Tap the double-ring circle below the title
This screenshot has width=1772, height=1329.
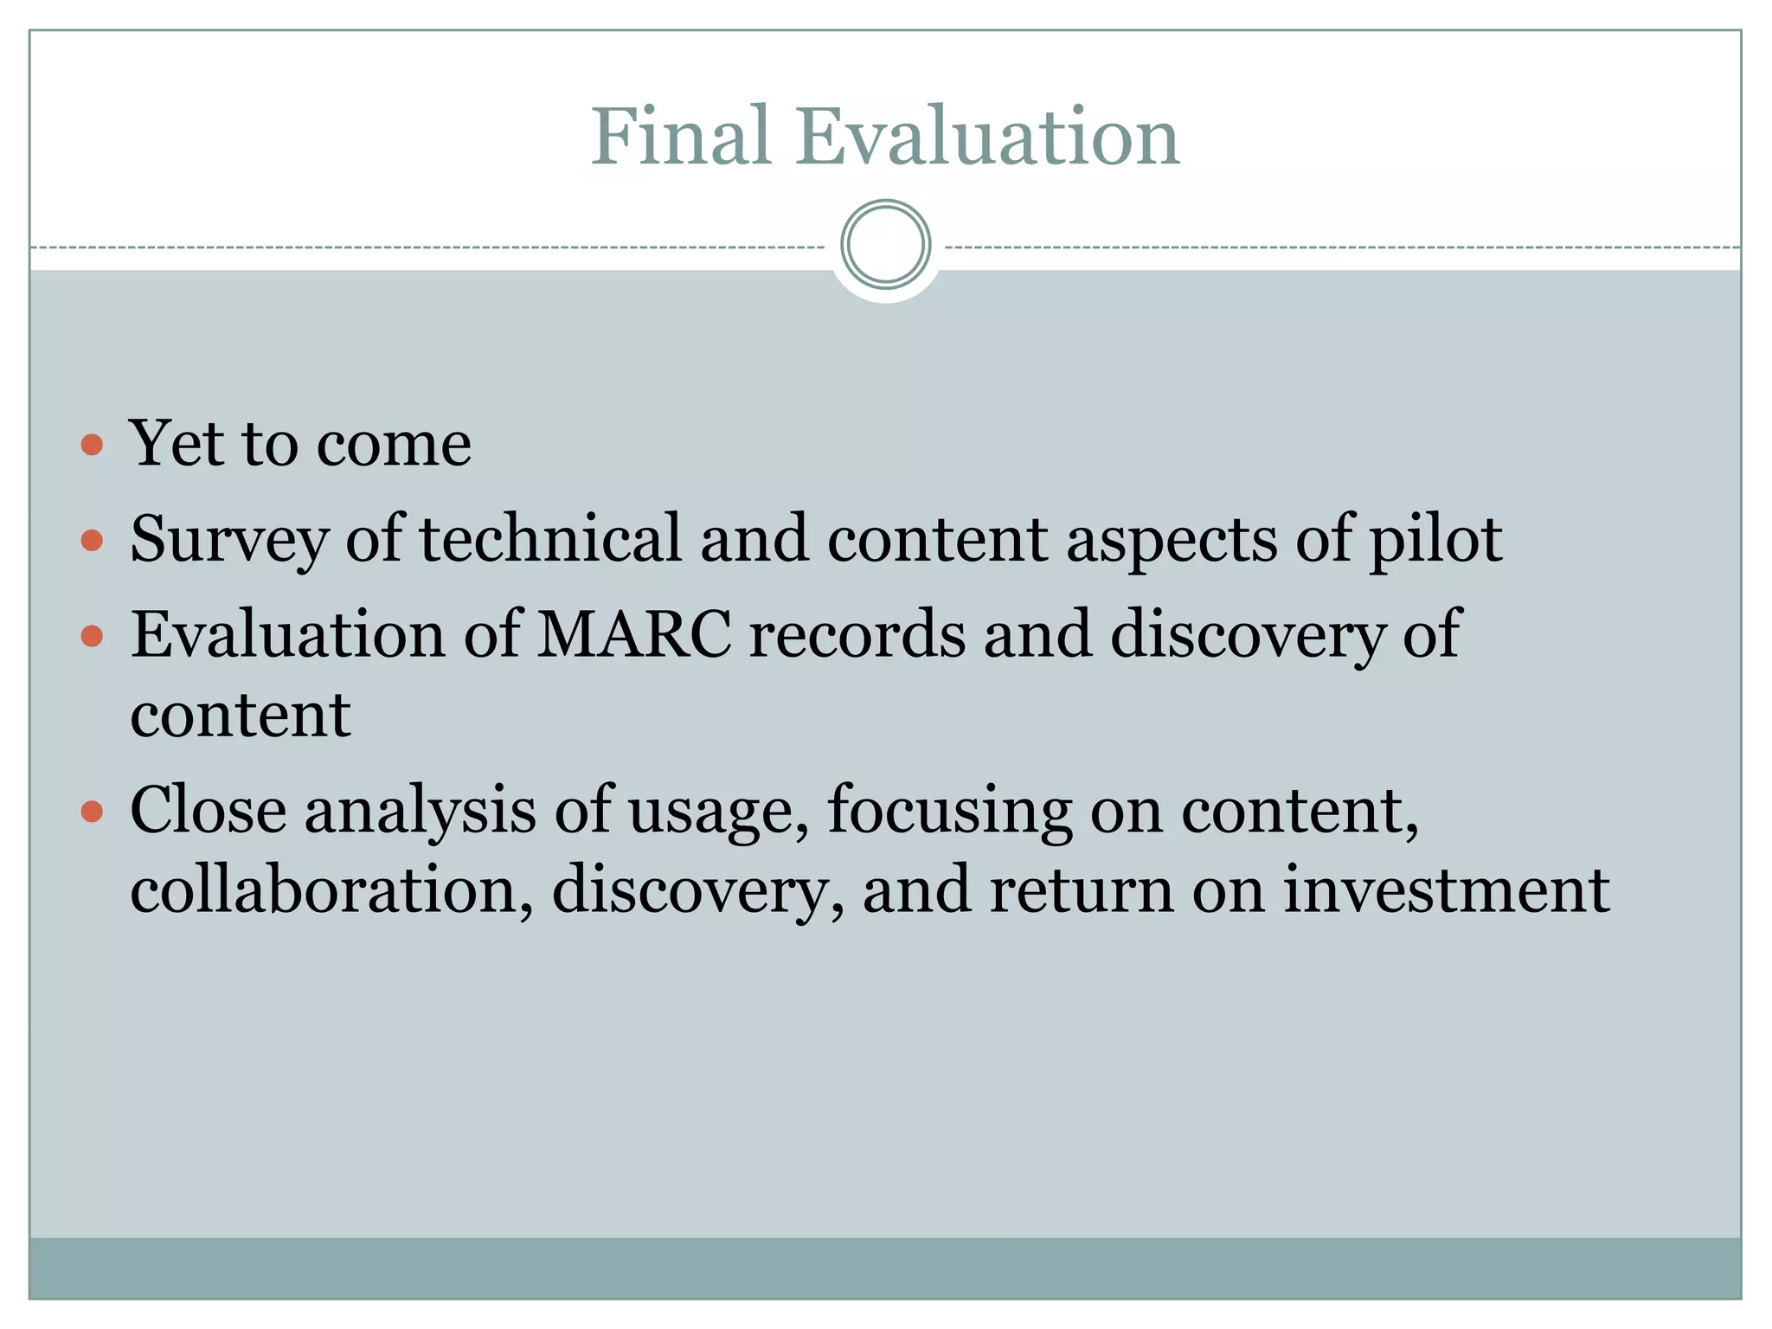[885, 245]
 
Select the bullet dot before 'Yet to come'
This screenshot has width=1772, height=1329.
[92, 446]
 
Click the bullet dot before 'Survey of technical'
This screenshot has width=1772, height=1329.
[92, 542]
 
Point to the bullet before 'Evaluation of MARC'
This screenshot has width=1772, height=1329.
[92, 638]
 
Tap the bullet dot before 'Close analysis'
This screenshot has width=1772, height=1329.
[92, 812]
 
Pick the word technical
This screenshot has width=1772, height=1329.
[550, 538]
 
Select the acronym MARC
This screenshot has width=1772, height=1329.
[634, 634]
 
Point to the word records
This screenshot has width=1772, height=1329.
[857, 634]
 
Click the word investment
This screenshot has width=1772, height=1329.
[1446, 890]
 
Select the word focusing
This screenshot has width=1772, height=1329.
[949, 812]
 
